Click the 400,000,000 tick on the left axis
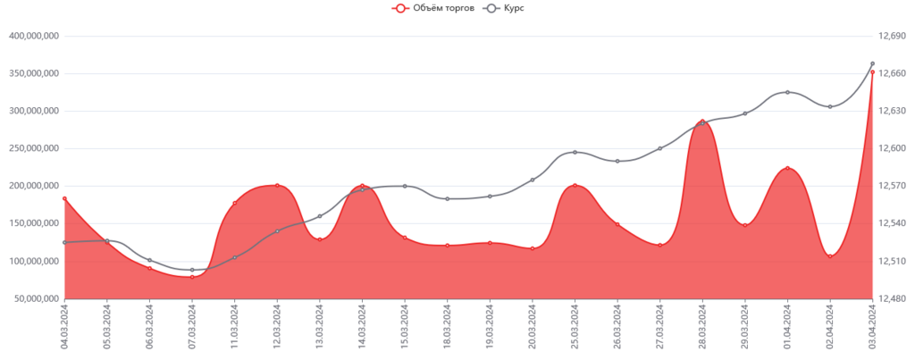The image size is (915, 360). [x=34, y=37]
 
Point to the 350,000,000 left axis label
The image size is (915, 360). [x=34, y=74]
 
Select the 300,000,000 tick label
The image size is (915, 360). [x=34, y=112]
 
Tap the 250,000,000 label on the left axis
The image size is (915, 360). [x=34, y=148]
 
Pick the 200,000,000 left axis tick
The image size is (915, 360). [x=34, y=186]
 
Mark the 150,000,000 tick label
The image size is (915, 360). [x=34, y=223]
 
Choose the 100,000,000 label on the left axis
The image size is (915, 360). [x=34, y=261]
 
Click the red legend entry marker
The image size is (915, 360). [x=399, y=8]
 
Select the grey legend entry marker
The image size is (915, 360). [x=491, y=8]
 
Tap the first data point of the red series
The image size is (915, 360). [x=64, y=197]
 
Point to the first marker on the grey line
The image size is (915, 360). [x=64, y=242]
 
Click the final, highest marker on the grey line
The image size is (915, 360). [x=872, y=63]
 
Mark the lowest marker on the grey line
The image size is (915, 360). [x=192, y=269]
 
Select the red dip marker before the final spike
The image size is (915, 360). [x=830, y=255]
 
